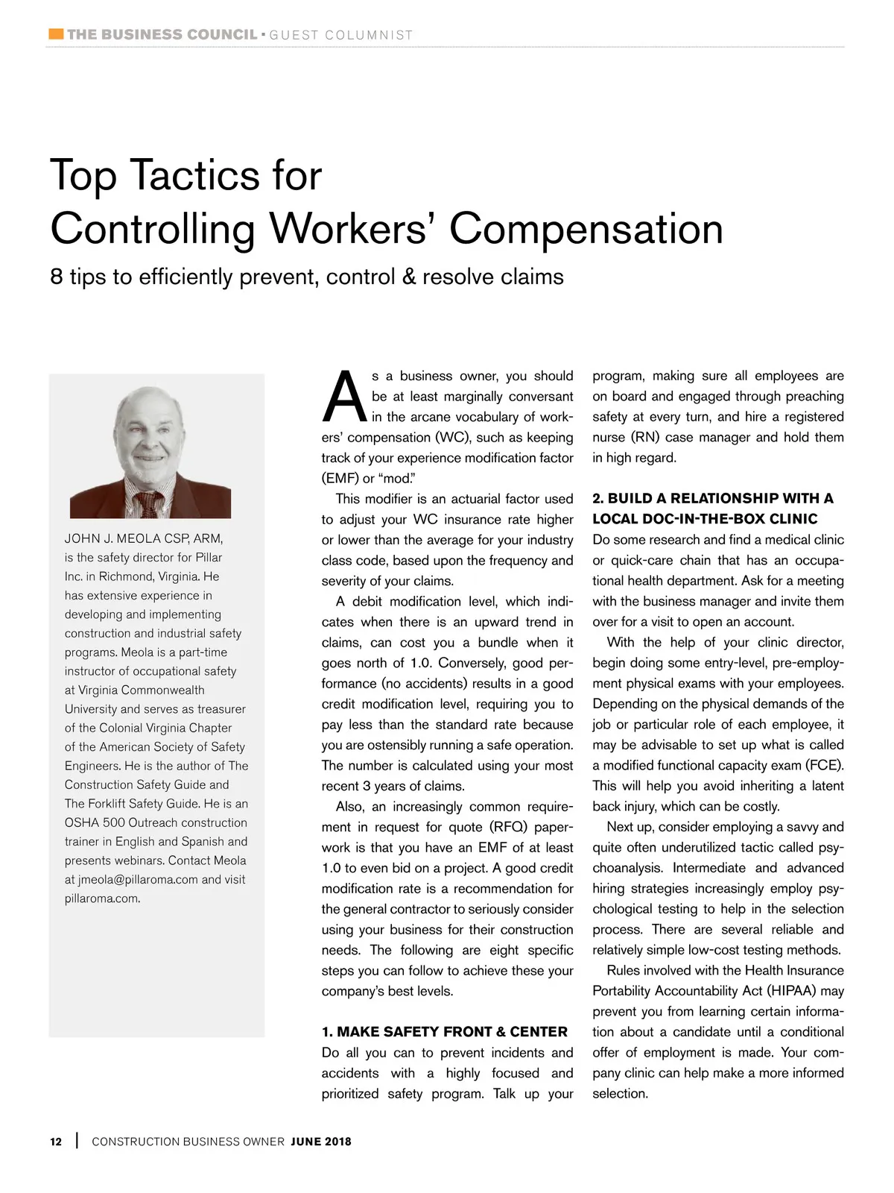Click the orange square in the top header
(x=56, y=34)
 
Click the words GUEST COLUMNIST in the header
(x=341, y=35)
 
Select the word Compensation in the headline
(x=586, y=229)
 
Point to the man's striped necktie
(x=149, y=503)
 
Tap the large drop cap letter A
(x=344, y=397)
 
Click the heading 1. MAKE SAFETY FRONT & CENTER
(x=445, y=1032)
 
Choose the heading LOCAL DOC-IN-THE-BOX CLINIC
(x=705, y=519)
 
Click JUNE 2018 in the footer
(x=321, y=1142)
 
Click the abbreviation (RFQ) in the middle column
(x=508, y=827)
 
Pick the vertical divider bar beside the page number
(x=77, y=1141)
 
